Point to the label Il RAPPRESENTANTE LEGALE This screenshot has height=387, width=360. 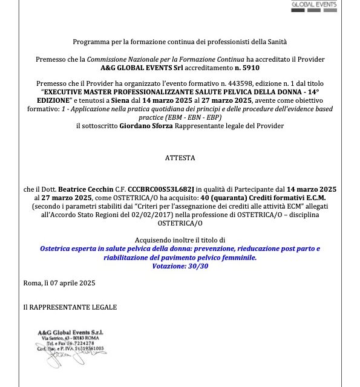point(70,307)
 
